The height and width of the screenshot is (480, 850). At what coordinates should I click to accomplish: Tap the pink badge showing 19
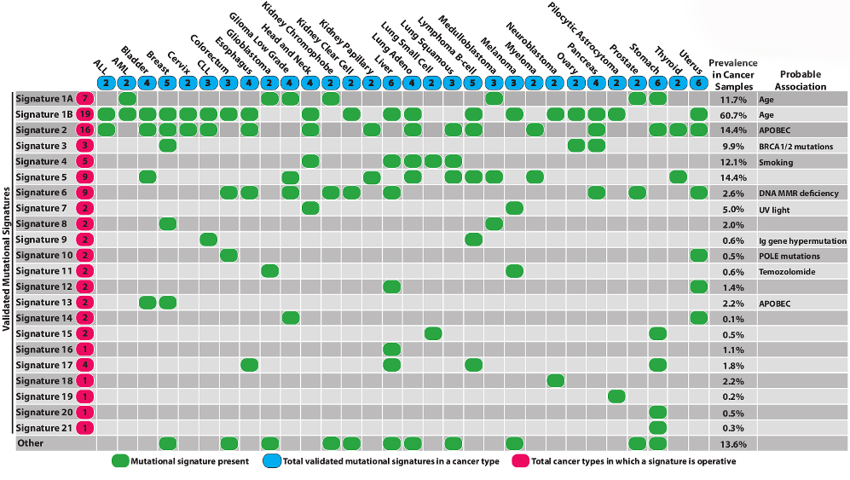click(84, 114)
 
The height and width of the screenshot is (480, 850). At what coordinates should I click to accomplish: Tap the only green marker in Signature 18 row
click(555, 380)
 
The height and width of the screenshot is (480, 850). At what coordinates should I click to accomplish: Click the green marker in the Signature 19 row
click(617, 396)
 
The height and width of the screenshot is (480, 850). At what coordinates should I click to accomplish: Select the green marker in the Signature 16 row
click(392, 349)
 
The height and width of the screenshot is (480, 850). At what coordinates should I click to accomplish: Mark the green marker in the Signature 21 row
click(657, 428)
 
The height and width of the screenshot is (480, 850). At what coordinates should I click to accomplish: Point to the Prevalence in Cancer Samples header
click(733, 75)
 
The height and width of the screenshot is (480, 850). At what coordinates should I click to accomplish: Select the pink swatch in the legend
click(519, 462)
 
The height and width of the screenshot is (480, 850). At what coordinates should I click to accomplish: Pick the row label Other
click(31, 443)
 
